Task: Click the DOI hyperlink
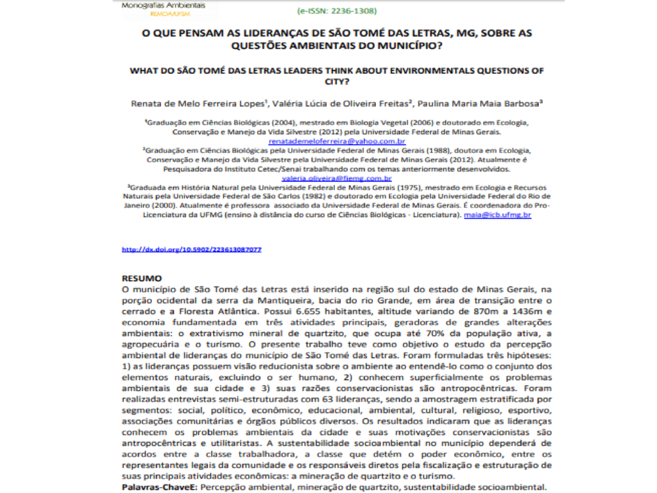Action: (191, 249)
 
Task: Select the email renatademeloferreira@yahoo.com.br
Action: (337, 141)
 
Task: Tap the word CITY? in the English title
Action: (337, 82)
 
